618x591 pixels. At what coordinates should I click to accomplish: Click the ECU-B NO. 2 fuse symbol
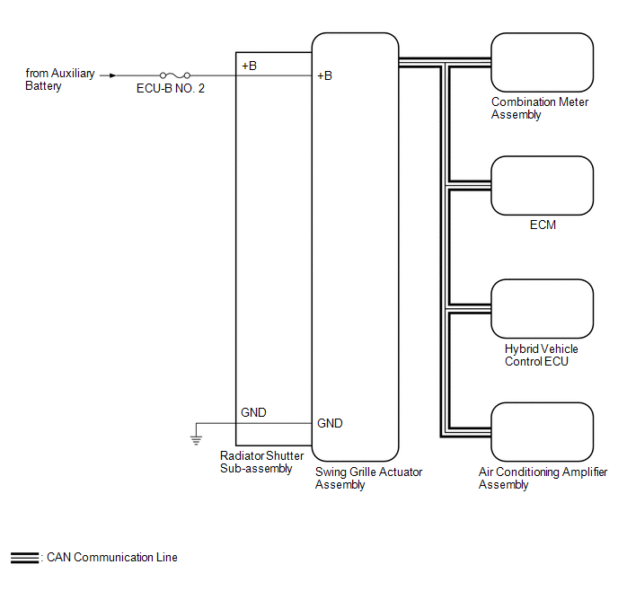pyautogui.click(x=173, y=75)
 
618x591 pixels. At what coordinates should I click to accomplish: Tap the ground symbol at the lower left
pyautogui.click(x=196, y=440)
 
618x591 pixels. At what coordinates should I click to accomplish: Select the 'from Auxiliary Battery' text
pyautogui.click(x=59, y=80)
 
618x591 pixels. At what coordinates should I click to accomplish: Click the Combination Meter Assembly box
pyautogui.click(x=543, y=62)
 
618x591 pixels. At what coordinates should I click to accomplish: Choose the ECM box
pyautogui.click(x=543, y=185)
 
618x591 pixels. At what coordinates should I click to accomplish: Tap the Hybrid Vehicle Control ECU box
pyautogui.click(x=543, y=308)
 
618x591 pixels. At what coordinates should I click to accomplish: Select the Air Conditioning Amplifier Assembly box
pyautogui.click(x=543, y=432)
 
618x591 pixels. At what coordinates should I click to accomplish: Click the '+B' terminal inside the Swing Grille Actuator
pyautogui.click(x=325, y=75)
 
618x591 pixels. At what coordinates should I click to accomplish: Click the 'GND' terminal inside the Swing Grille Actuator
pyautogui.click(x=330, y=423)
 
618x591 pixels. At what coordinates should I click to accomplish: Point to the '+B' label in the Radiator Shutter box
pyautogui.click(x=250, y=66)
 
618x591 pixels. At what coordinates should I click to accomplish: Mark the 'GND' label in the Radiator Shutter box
pyautogui.click(x=253, y=413)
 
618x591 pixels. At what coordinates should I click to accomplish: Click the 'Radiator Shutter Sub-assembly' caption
pyautogui.click(x=261, y=462)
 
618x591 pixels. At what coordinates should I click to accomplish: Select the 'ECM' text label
pyautogui.click(x=543, y=225)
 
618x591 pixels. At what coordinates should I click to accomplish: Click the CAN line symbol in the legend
pyautogui.click(x=24, y=558)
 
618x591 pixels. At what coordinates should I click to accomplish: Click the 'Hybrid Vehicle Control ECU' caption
pyautogui.click(x=541, y=355)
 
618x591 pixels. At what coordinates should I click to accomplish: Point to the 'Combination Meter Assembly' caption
pyautogui.click(x=540, y=108)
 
